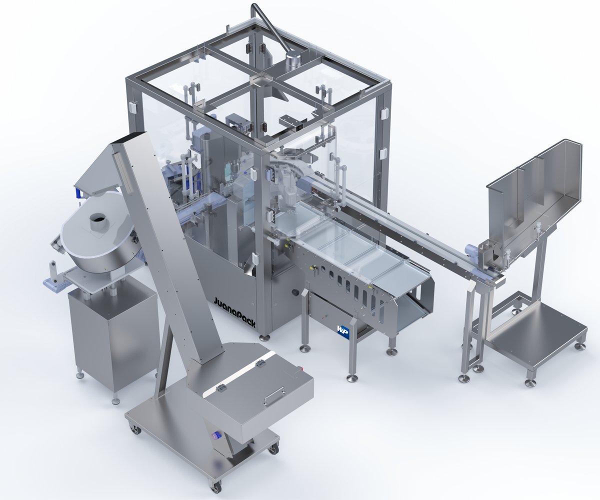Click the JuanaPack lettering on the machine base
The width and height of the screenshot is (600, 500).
[x=234, y=309]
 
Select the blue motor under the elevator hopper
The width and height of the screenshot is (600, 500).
[x=217, y=435]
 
